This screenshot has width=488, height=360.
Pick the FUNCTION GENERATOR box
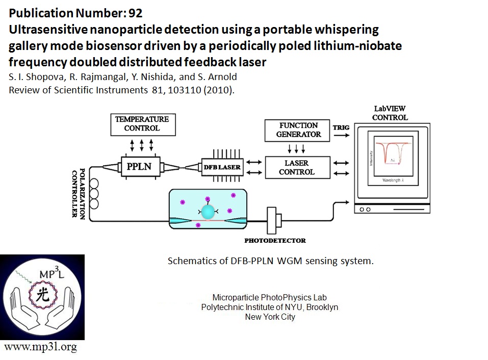pyautogui.click(x=299, y=130)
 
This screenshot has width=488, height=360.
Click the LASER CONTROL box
pyautogui.click(x=299, y=167)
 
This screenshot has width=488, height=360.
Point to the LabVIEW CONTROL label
pyautogui.click(x=390, y=113)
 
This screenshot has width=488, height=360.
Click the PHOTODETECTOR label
pyautogui.click(x=275, y=240)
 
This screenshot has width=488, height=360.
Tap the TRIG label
pyautogui.click(x=341, y=127)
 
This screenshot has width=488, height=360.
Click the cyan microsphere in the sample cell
pyautogui.click(x=208, y=212)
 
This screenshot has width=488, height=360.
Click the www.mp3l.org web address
pyautogui.click(x=41, y=347)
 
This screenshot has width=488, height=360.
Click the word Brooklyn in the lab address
pyautogui.click(x=319, y=307)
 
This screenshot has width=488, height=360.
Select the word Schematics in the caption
pyautogui.click(x=190, y=261)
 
